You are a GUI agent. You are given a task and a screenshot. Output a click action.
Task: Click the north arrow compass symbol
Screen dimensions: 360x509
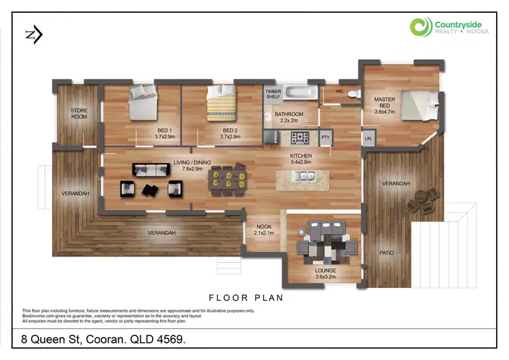point(32,35)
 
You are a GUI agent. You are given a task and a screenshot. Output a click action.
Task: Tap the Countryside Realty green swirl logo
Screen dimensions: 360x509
point(421,28)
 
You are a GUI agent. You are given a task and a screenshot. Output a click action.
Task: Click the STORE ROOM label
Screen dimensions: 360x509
point(79,113)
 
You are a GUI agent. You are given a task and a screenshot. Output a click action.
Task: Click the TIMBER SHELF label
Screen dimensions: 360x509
point(273,94)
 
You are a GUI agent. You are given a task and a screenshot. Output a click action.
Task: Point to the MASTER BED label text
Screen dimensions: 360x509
point(384,103)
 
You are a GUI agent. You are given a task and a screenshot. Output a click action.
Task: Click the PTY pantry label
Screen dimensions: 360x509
point(325,138)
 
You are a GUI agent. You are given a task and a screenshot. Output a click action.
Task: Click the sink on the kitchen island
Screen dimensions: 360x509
point(302,176)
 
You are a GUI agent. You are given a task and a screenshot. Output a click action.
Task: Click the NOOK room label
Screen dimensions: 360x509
point(263,230)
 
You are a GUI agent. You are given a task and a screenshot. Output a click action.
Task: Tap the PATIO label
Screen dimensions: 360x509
point(387,253)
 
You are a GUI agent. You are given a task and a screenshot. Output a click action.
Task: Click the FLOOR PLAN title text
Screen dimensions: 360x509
point(245,298)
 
